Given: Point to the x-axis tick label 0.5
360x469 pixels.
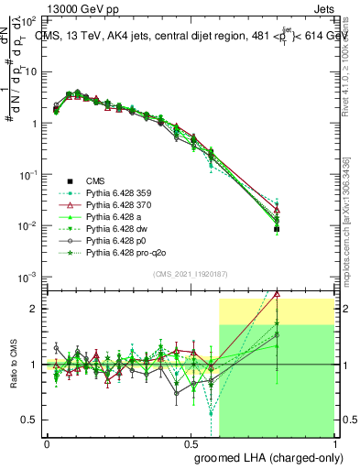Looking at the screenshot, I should click(x=191, y=443).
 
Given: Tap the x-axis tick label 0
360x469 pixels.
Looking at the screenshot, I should click(x=48, y=443).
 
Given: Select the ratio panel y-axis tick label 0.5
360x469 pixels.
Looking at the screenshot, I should click(x=29, y=420).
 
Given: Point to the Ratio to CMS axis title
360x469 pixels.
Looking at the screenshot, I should click(x=12, y=365).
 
